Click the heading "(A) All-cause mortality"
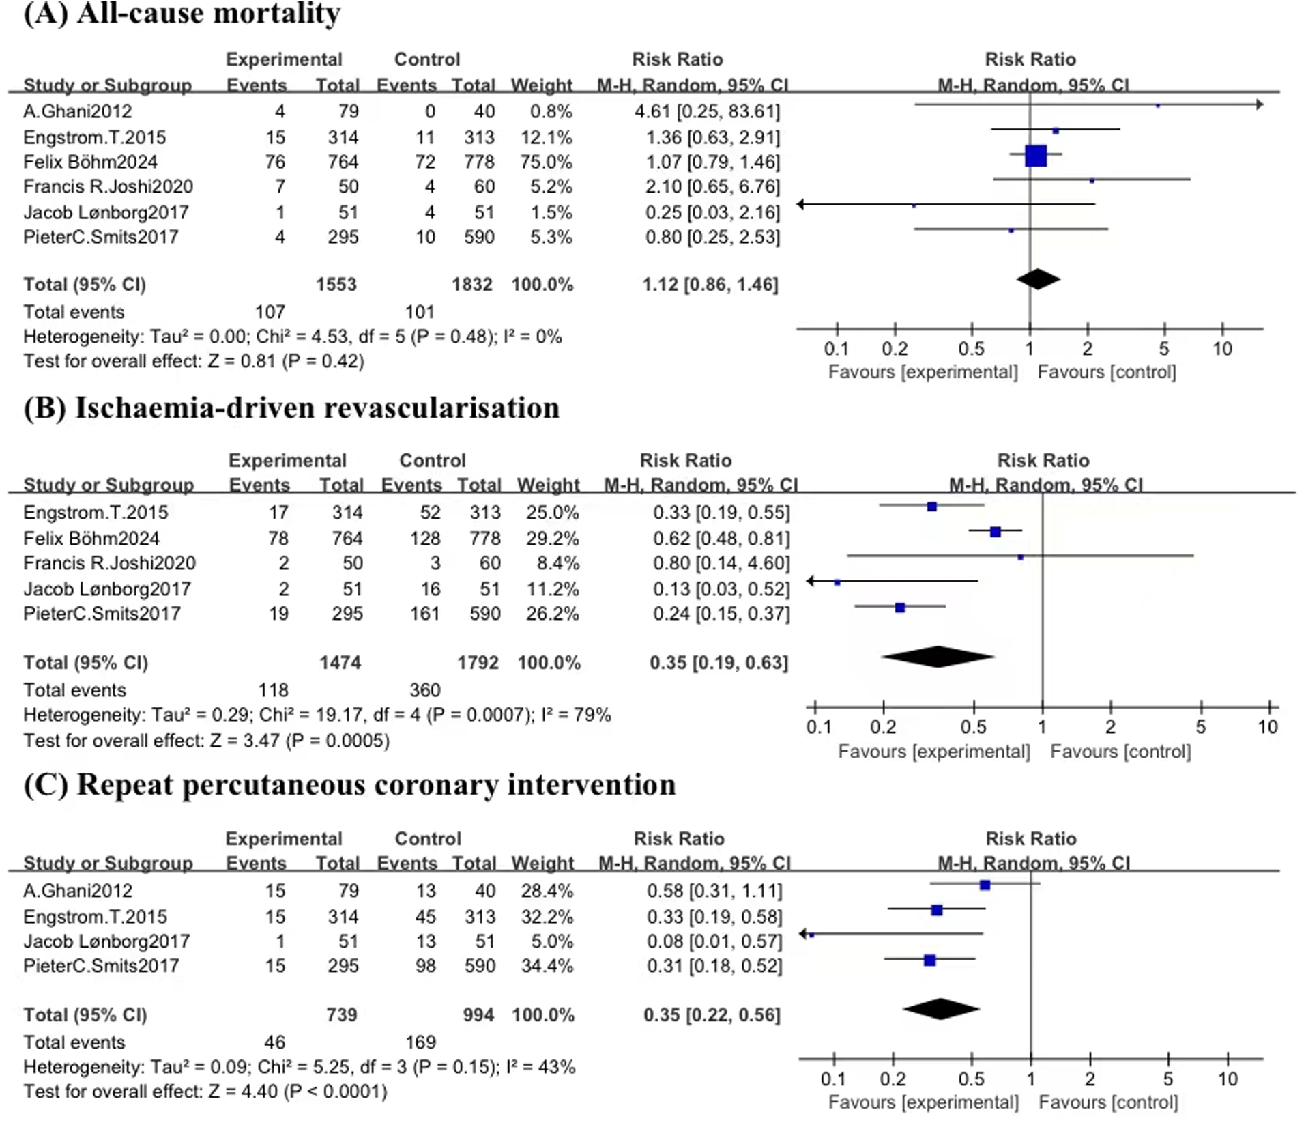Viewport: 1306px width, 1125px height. (182, 14)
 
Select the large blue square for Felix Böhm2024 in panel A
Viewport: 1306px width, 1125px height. (1035, 156)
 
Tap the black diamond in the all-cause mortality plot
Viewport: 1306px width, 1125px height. (1038, 279)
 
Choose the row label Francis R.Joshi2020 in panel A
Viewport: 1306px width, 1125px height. (108, 186)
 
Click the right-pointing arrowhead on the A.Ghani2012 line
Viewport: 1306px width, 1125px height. (1259, 104)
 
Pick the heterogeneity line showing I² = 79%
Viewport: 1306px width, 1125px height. (317, 715)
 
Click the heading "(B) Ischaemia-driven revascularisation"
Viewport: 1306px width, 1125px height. (291, 408)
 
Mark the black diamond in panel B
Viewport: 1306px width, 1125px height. (938, 657)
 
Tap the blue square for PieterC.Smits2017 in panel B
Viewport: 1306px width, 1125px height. (900, 608)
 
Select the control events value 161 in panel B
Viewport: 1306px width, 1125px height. (424, 613)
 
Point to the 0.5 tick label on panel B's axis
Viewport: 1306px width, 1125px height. (973, 727)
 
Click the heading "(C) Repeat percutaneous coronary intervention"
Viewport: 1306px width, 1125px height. (349, 785)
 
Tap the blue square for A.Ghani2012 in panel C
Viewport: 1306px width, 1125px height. (985, 885)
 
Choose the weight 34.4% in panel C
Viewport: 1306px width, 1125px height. (547, 965)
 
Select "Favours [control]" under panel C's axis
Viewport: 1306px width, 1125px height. (1107, 1102)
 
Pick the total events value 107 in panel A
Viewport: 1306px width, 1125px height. (270, 312)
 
